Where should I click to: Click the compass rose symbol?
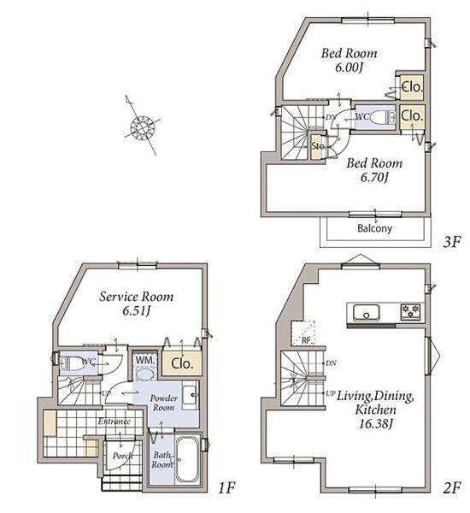pyautogui.click(x=143, y=127)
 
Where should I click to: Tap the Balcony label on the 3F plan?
pyautogui.click(x=374, y=228)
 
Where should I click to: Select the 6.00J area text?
pyautogui.click(x=349, y=68)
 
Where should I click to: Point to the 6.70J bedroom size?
pyautogui.click(x=374, y=177)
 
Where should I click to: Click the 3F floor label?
pyautogui.click(x=452, y=242)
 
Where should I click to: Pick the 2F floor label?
pyautogui.click(x=452, y=488)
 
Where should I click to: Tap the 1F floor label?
pyautogui.click(x=226, y=488)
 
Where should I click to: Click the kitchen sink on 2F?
pyautogui.click(x=367, y=313)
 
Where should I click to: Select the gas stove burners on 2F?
pyautogui.click(x=410, y=312)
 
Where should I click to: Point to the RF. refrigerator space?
pyautogui.click(x=303, y=333)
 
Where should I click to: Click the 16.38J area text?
pyautogui.click(x=375, y=424)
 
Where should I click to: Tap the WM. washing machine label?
pyautogui.click(x=145, y=360)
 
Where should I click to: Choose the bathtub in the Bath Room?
pyautogui.click(x=187, y=460)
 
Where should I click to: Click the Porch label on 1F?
pyautogui.click(x=123, y=456)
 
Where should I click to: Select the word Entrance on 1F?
pyautogui.click(x=115, y=421)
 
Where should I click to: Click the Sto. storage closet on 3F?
pyautogui.click(x=316, y=146)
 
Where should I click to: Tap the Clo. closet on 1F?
pyautogui.click(x=182, y=363)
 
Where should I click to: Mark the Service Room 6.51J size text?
pyautogui.click(x=136, y=310)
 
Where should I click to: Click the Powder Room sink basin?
pyautogui.click(x=190, y=395)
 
